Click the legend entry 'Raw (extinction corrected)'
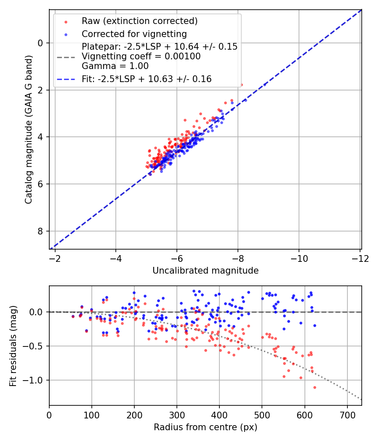coord(139,21)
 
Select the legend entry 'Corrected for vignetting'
coord(134,34)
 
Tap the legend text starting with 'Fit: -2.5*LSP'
coord(147,79)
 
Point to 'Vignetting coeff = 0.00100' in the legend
coord(141,56)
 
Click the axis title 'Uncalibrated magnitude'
coord(206,271)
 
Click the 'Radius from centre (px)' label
coord(206,427)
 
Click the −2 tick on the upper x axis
coord(55,258)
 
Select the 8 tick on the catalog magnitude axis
coord(40,231)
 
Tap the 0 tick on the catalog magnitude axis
coord(40,43)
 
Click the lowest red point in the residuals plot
coord(315,387)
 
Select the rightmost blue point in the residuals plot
coord(315,325)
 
